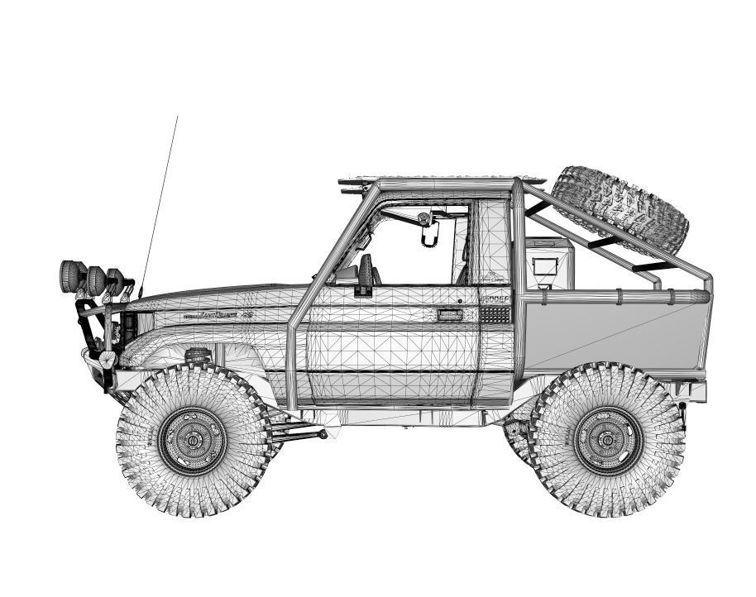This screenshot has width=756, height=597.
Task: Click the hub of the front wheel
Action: [x=193, y=441]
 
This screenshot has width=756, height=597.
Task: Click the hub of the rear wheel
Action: [x=608, y=439]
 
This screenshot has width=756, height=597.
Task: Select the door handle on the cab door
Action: [x=450, y=314]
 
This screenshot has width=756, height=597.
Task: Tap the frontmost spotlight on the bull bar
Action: [x=69, y=275]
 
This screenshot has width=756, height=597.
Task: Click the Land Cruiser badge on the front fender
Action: [x=211, y=315]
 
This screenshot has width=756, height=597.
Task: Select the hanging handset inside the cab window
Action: [x=428, y=232]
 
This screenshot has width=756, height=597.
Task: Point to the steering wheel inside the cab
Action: [x=366, y=269]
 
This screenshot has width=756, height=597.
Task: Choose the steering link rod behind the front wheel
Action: [x=298, y=432]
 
